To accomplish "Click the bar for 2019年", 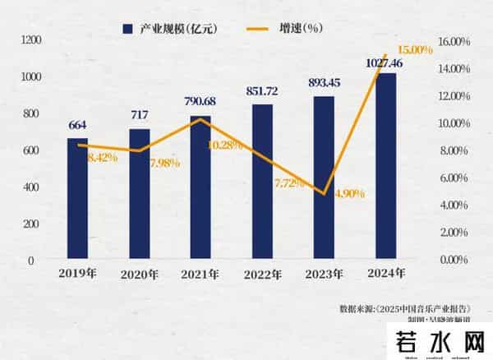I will click(77, 198).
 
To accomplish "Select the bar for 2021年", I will click(200, 187).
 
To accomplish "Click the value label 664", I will click(77, 125).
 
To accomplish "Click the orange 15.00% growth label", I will click(415, 50).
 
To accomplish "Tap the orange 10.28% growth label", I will click(225, 145).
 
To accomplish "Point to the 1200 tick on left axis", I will click(31, 39).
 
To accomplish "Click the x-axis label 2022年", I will click(262, 274).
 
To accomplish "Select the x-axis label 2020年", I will click(139, 274).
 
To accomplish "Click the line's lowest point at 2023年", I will click(325, 193).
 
